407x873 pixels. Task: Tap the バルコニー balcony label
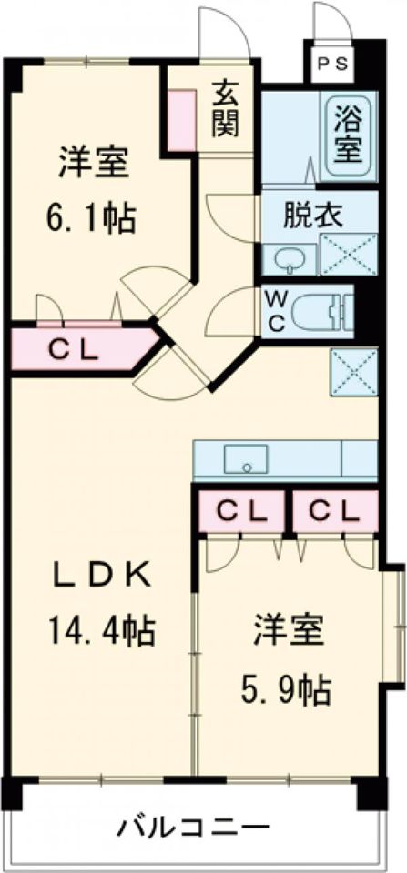(193, 828)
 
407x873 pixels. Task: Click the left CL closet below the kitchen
(241, 512)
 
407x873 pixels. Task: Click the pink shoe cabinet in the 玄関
(178, 117)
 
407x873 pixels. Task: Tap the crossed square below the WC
(352, 372)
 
